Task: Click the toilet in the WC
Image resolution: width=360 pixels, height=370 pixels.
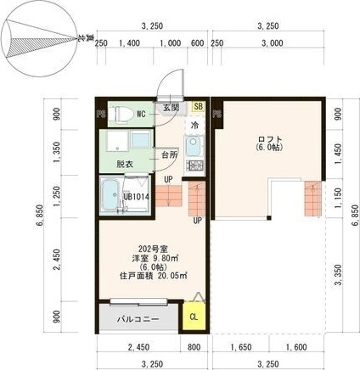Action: (x=121, y=113)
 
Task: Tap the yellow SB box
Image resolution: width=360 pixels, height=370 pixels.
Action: (x=198, y=107)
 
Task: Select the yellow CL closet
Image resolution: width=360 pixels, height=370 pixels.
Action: (x=194, y=317)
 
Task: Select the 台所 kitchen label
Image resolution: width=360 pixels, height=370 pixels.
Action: (x=168, y=155)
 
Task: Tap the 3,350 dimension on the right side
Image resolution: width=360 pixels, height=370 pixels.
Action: (x=338, y=272)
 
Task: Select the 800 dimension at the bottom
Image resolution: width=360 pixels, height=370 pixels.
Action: (x=194, y=346)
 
